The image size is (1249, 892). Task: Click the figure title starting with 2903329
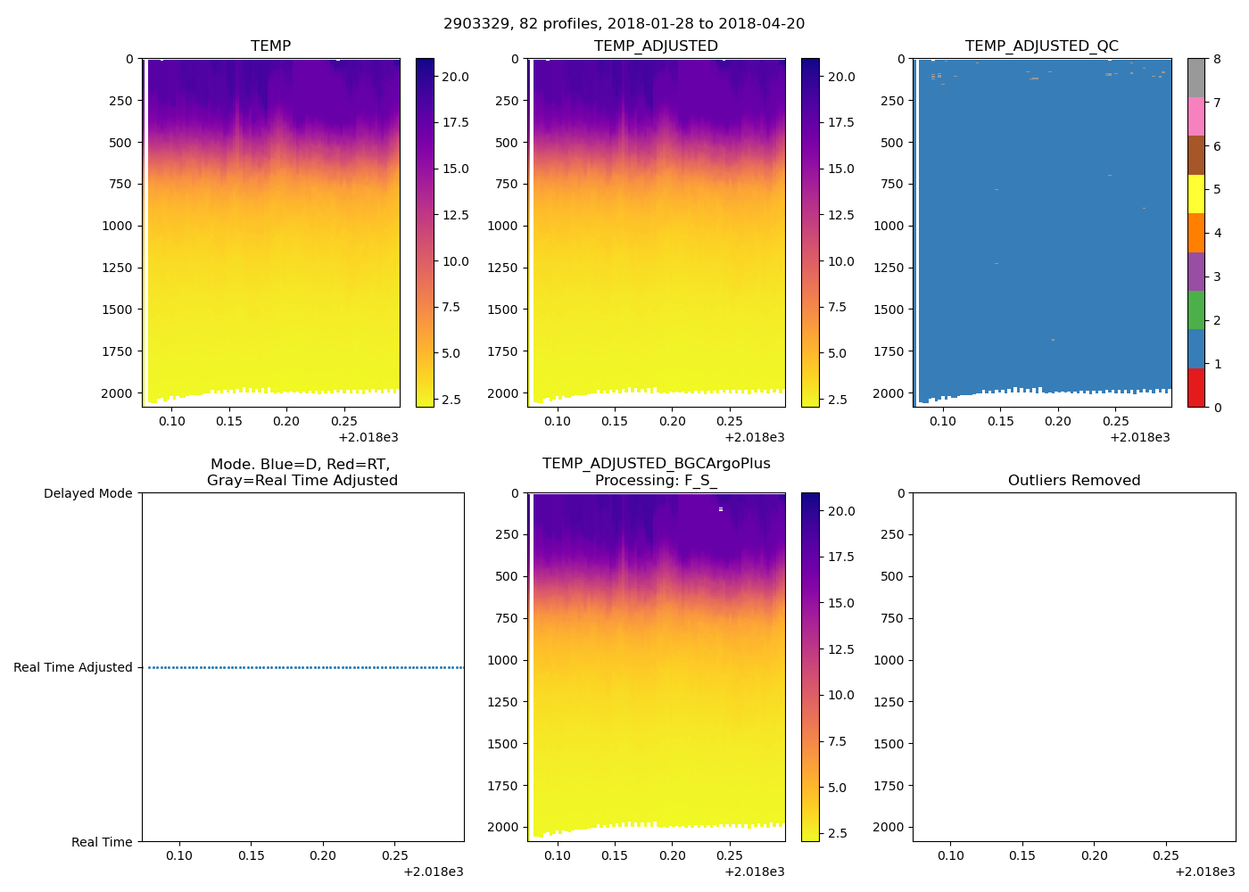click(624, 24)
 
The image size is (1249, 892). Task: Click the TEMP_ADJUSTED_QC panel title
click(1041, 46)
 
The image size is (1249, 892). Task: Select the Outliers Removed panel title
click(1073, 481)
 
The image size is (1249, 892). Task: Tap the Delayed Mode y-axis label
click(87, 494)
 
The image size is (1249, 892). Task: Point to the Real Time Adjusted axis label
click(72, 668)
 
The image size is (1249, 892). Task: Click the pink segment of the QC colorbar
click(1195, 117)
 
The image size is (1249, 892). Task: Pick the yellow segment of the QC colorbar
click(1195, 194)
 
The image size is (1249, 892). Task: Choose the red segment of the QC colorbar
click(1195, 388)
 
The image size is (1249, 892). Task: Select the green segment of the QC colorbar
click(1195, 310)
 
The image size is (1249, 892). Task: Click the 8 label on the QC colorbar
click(1217, 60)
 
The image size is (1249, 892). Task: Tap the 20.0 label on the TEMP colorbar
click(455, 78)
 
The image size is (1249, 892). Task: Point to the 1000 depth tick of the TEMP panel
click(117, 227)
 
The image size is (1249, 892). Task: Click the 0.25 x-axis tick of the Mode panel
click(394, 856)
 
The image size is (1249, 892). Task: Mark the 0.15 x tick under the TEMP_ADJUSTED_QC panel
click(1000, 422)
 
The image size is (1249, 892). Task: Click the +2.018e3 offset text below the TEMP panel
click(368, 438)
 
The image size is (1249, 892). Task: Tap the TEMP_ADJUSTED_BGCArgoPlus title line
click(656, 464)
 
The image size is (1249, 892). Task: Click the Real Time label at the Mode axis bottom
click(102, 843)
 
